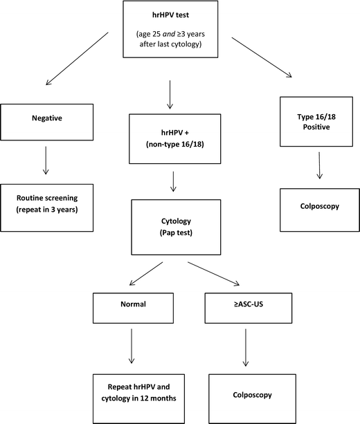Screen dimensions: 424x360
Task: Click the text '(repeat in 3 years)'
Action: pyautogui.click(x=46, y=208)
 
